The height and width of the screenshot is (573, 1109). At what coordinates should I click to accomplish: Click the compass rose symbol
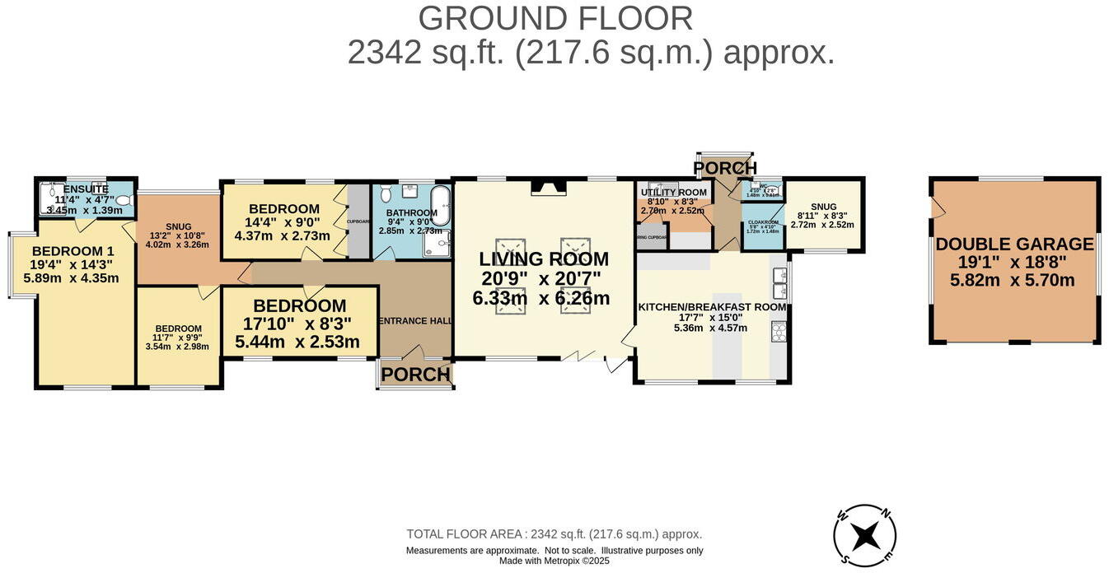pyautogui.click(x=864, y=536)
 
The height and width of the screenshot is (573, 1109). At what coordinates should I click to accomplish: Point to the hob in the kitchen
pyautogui.click(x=779, y=331)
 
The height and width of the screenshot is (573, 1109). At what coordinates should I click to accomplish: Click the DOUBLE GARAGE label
pyautogui.click(x=1014, y=245)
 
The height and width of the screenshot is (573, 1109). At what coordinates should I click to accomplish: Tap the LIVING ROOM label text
pyautogui.click(x=544, y=259)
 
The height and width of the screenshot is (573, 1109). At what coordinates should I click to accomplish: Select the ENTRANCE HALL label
pyautogui.click(x=414, y=321)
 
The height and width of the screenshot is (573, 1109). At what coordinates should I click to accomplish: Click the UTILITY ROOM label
pyautogui.click(x=674, y=193)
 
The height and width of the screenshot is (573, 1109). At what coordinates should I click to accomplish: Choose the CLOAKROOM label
pyautogui.click(x=763, y=221)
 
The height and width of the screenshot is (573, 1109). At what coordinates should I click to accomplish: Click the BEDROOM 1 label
pyautogui.click(x=73, y=251)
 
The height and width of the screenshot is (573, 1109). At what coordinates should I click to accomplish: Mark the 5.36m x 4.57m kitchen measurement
pyautogui.click(x=710, y=328)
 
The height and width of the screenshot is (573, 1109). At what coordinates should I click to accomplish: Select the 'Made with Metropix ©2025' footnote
pyautogui.click(x=554, y=561)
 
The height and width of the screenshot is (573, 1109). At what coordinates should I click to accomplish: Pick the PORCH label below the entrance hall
pyautogui.click(x=415, y=375)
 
